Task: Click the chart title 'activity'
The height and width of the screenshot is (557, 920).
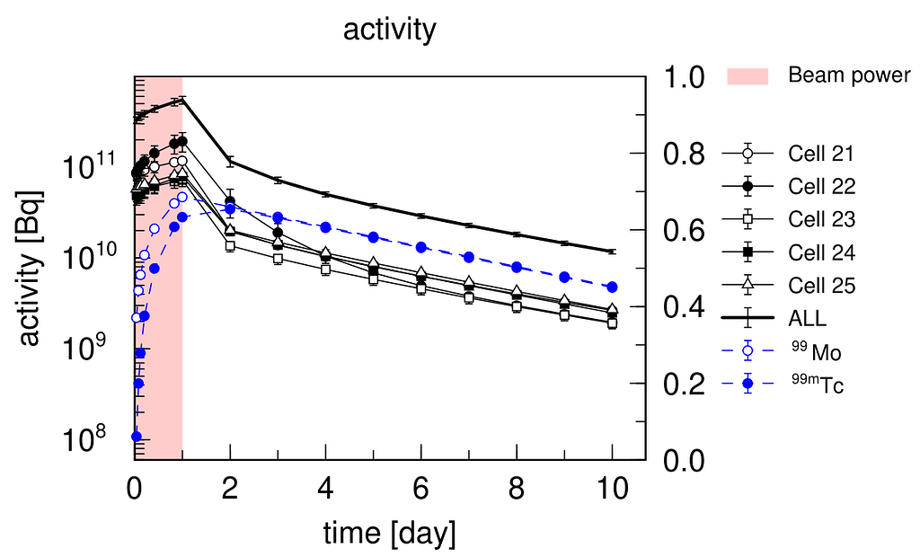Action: (389, 30)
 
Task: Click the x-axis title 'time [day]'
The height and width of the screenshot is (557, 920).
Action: (389, 534)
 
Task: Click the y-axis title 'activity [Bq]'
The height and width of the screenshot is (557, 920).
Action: (31, 268)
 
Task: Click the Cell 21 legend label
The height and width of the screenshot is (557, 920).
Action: (821, 154)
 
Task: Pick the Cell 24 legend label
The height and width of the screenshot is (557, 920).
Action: (821, 252)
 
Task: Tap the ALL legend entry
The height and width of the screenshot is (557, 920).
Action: (808, 318)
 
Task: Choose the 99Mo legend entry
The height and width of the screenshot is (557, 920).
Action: (816, 352)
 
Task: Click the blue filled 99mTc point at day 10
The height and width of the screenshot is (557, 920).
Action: (613, 287)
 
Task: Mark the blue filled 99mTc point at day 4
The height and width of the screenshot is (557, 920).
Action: (326, 227)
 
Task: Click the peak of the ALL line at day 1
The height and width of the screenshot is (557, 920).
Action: (182, 101)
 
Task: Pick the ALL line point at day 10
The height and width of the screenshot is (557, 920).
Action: (613, 252)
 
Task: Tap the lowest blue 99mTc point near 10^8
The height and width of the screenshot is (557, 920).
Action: (137, 437)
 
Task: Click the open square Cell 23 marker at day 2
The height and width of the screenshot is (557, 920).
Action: (231, 245)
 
